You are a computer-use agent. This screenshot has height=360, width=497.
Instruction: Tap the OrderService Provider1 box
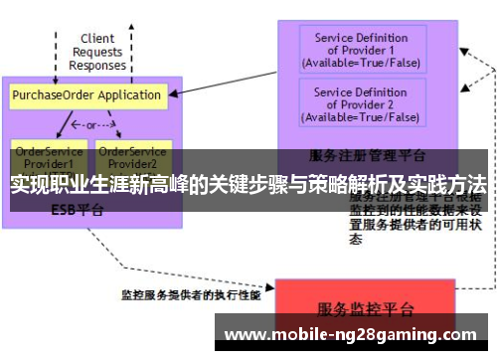coord(44,157)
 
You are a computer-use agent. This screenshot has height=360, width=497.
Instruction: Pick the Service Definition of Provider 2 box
coord(361,103)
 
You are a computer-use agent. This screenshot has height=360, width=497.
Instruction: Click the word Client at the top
coord(97,39)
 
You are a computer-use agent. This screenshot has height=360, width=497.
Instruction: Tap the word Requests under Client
coord(97,52)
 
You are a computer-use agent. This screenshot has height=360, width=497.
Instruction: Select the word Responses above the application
coord(97,66)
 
